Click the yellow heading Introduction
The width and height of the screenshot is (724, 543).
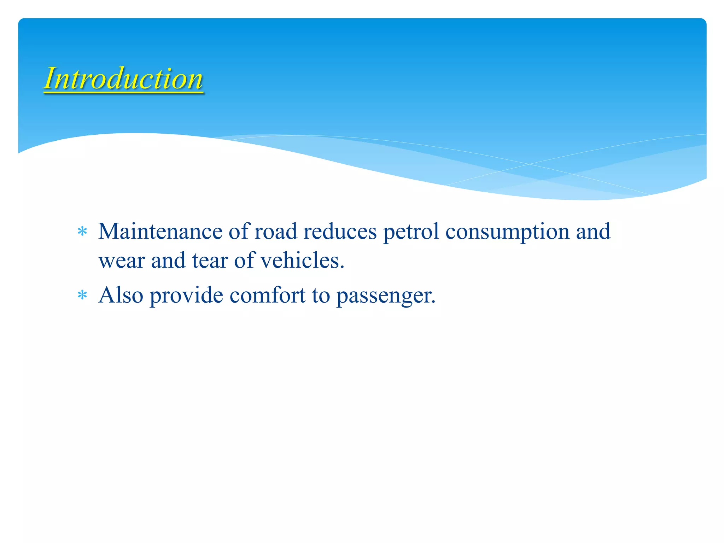click(123, 78)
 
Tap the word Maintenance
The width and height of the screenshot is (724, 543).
click(160, 232)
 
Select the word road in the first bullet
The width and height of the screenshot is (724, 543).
click(276, 232)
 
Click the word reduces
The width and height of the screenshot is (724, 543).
click(340, 232)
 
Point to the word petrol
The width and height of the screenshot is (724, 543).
click(411, 232)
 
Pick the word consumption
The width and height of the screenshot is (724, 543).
click(507, 232)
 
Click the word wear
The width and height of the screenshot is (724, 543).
click(122, 261)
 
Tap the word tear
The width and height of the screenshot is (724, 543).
click(210, 261)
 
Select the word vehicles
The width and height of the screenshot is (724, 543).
click(302, 261)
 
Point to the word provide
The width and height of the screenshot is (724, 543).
click(186, 296)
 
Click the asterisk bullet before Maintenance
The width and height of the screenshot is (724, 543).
click(82, 232)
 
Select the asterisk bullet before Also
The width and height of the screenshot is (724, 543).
click(82, 295)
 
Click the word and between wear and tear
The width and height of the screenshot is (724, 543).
click(168, 261)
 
